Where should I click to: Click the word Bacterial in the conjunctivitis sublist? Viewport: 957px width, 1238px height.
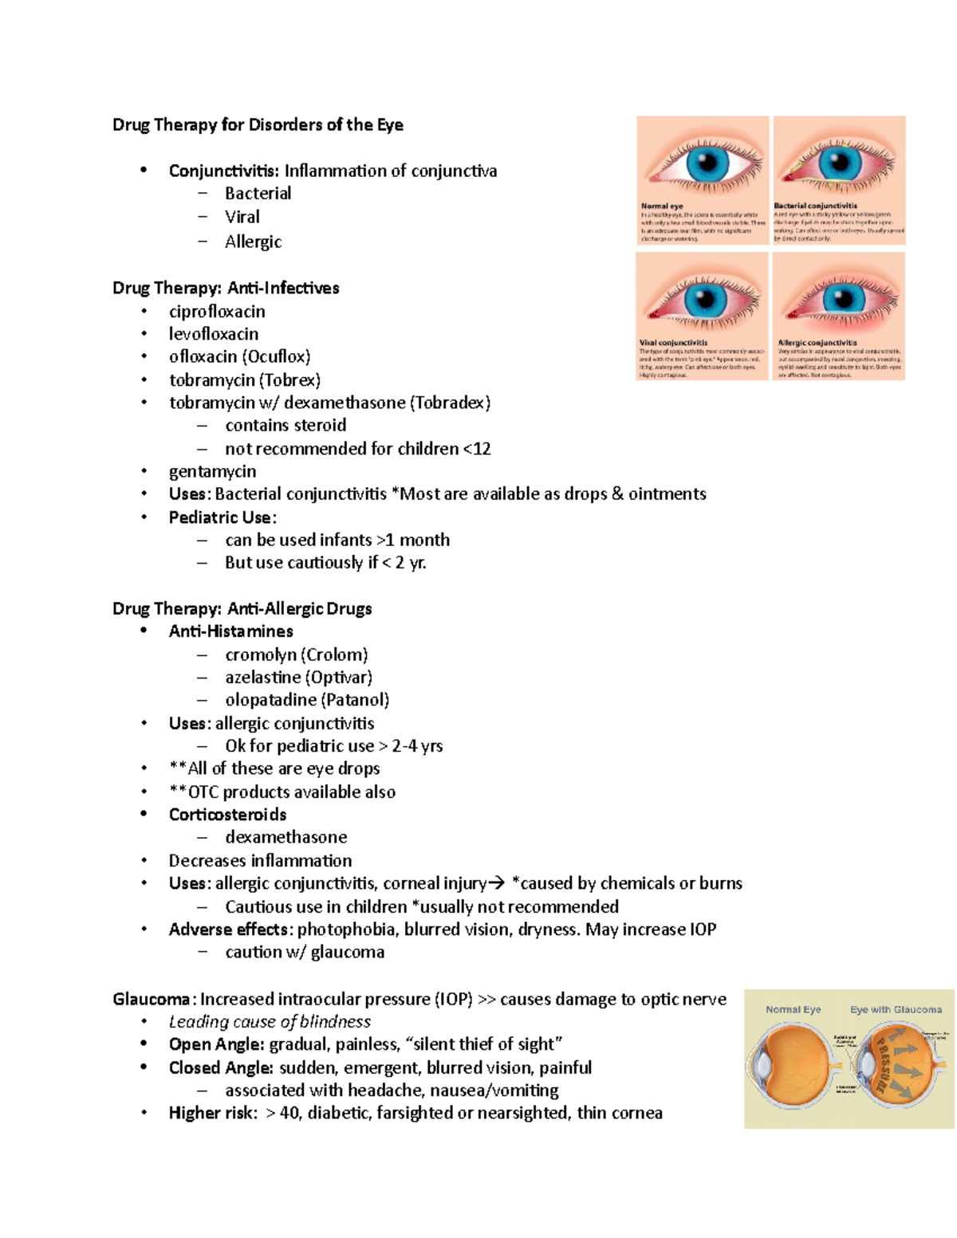(258, 194)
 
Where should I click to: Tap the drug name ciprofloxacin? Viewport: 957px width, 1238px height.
(217, 312)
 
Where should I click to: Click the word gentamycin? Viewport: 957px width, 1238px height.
(212, 472)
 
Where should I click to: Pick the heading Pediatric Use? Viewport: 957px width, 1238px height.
(220, 517)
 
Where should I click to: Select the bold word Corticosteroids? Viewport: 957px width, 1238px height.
(227, 815)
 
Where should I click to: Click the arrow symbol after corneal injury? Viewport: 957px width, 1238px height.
(496, 883)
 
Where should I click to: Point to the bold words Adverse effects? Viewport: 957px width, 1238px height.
(229, 929)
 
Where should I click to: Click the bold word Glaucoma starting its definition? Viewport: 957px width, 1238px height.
(151, 1000)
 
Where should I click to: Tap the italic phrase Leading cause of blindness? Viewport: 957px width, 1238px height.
(270, 1022)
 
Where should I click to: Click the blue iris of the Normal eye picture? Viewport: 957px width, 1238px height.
(707, 164)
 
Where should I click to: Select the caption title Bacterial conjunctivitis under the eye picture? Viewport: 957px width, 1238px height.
(815, 206)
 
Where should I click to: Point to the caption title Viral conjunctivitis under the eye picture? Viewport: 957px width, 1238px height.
(673, 343)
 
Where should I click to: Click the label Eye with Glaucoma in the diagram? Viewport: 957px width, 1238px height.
(896, 1009)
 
